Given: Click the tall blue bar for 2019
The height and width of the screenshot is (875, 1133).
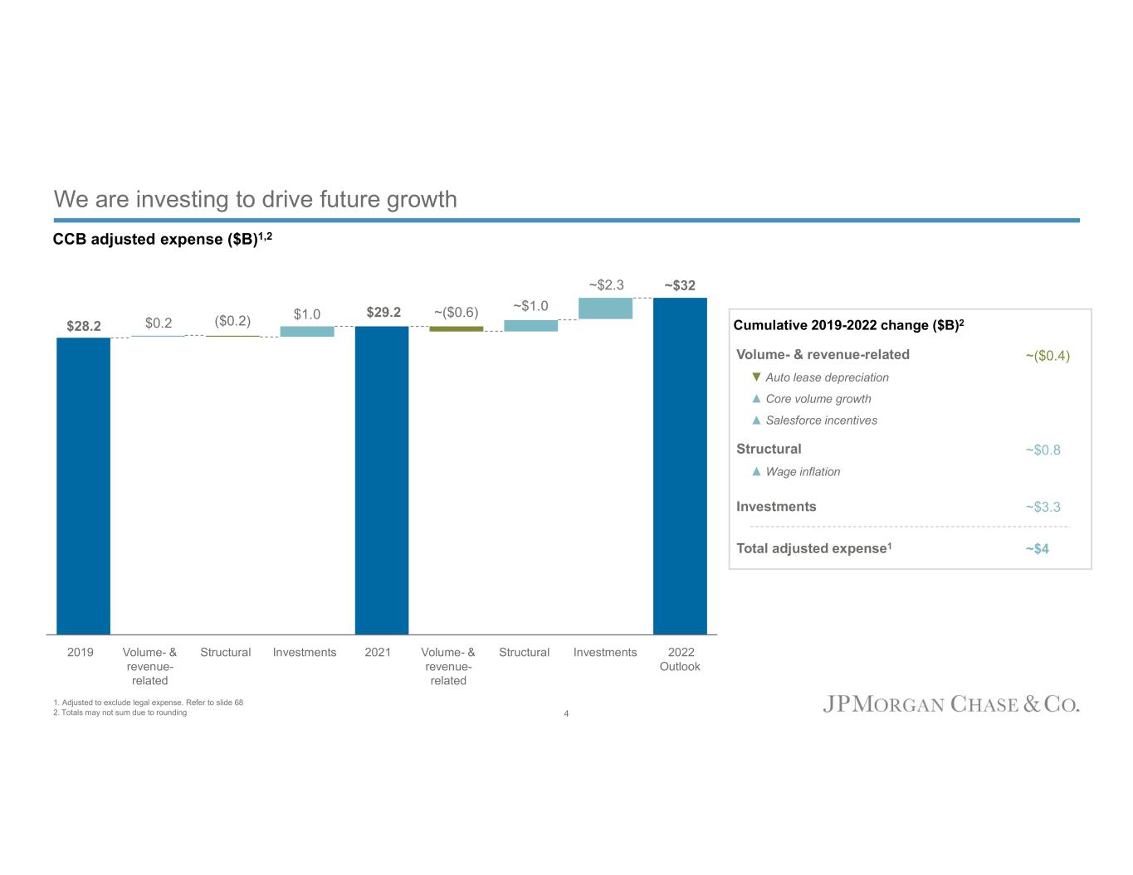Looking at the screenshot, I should tap(83, 485).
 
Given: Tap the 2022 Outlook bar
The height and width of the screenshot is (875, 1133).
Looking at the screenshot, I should tap(680, 465).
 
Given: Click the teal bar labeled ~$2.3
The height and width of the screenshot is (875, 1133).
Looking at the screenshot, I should tap(605, 308).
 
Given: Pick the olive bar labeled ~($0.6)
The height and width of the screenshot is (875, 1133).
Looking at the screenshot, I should tap(456, 328).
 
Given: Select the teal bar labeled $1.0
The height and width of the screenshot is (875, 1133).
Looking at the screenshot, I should tap(307, 331).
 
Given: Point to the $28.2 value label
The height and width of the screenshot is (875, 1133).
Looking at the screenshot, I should tap(84, 326).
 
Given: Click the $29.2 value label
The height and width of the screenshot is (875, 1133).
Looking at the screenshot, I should tap(383, 313).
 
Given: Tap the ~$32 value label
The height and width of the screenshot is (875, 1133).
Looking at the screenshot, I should tap(680, 285).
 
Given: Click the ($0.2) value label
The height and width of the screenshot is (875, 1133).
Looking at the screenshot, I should tap(232, 321).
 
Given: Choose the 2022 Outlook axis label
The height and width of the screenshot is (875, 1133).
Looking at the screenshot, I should tap(680, 659).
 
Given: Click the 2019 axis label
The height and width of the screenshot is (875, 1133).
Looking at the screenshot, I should tap(81, 653).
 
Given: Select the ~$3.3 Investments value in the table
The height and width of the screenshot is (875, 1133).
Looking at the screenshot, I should tap(1043, 507).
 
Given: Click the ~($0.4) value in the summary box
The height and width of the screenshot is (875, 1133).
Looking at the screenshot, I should tap(1048, 356).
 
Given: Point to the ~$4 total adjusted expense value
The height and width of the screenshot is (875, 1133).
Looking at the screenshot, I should tap(1037, 549).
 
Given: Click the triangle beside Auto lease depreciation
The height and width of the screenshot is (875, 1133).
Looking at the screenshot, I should tap(756, 377).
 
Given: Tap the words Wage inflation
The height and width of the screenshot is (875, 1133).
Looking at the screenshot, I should tap(803, 472).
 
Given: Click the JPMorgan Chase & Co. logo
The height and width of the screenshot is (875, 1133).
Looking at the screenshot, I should tap(951, 705).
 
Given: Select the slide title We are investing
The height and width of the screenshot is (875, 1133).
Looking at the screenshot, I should tap(256, 200).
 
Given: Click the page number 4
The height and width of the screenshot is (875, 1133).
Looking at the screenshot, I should tap(566, 714).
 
